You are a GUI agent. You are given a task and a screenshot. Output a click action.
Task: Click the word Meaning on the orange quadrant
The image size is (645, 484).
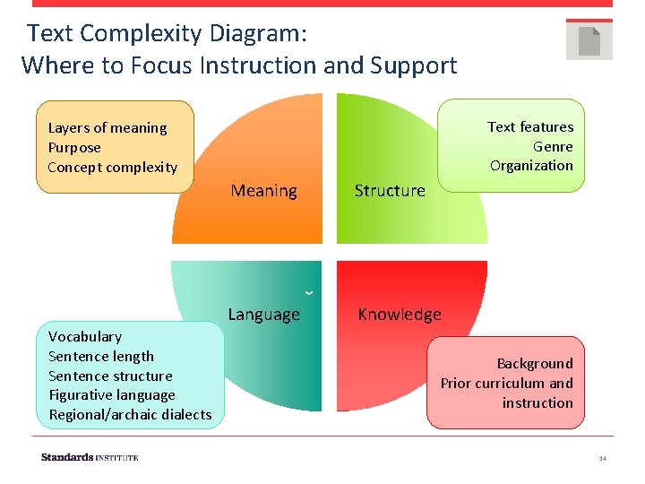click(263, 191)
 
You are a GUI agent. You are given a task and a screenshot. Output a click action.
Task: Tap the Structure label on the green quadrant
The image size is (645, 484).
click(390, 191)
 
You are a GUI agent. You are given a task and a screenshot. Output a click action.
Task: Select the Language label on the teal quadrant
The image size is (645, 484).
click(263, 315)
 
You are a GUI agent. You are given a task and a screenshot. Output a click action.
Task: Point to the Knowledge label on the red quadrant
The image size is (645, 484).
click(400, 315)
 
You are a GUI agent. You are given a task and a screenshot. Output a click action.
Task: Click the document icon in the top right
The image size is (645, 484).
click(589, 40)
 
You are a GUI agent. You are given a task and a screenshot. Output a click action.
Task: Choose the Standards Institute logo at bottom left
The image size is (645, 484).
click(90, 457)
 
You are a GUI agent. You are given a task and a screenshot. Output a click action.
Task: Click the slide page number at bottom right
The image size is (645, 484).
click(603, 458)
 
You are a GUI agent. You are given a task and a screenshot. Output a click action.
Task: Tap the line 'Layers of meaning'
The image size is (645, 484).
click(107, 128)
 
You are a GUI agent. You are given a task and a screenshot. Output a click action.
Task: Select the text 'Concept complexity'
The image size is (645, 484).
click(113, 168)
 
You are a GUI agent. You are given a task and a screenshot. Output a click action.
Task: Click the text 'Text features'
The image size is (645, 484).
click(530, 127)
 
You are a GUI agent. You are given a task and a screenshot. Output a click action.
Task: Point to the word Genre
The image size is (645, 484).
click(553, 146)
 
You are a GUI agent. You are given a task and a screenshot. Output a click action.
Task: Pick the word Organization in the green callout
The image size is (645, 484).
click(531, 166)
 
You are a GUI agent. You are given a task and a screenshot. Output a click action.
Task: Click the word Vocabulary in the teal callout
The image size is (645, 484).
click(85, 337)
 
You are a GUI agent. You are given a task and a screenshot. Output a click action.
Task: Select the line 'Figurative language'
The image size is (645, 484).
click(112, 395)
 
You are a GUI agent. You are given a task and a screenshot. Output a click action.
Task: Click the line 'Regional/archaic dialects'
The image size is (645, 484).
click(130, 415)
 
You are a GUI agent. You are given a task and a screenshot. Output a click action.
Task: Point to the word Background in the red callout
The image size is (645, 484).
click(535, 364)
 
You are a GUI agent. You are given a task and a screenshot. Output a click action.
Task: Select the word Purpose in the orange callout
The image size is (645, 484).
click(74, 148)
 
